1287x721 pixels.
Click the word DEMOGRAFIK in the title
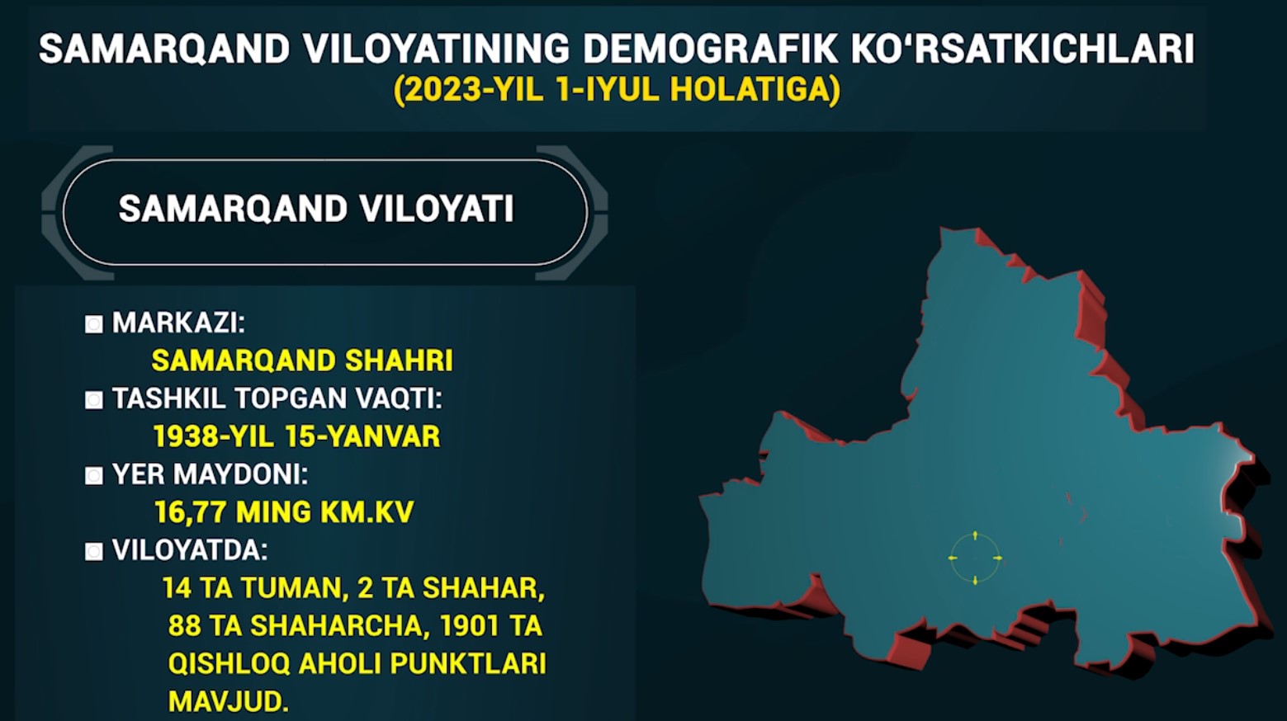tap(710, 48)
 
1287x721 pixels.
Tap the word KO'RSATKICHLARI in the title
tap(1022, 48)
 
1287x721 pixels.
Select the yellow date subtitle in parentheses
tap(617, 90)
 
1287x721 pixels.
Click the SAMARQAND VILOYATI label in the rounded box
tap(316, 209)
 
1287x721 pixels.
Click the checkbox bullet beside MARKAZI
tap(93, 324)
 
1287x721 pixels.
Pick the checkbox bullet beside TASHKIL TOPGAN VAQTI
tap(93, 400)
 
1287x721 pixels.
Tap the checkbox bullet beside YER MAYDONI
tap(93, 476)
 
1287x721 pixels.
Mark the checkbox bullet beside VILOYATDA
tap(93, 552)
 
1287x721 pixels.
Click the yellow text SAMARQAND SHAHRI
tap(302, 360)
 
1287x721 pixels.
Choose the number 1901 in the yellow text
tap(468, 625)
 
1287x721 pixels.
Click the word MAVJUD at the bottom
tap(228, 701)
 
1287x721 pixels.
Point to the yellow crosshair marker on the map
tap(975, 558)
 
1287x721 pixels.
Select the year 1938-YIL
tap(214, 436)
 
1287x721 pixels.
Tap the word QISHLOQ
tap(229, 663)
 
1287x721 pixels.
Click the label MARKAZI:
tap(178, 323)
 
